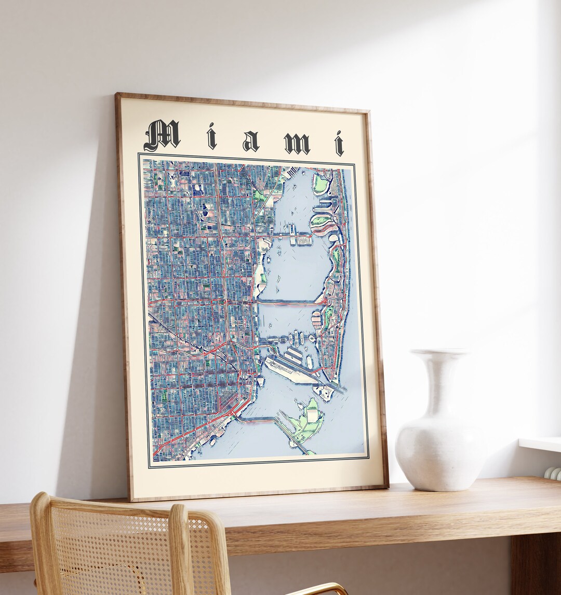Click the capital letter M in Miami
point(162,135)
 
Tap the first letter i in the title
point(211,137)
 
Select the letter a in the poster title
point(250,141)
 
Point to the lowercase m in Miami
point(297,143)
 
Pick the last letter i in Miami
point(339,144)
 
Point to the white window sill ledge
point(540,444)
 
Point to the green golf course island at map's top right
point(320,183)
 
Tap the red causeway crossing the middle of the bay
point(289,302)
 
